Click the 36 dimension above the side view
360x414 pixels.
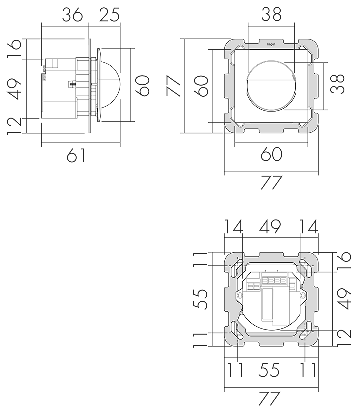(72, 15)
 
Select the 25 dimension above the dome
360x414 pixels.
(109, 15)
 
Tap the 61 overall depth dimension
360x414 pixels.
(76, 155)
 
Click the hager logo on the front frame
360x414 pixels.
(271, 44)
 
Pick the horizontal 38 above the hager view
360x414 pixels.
(271, 15)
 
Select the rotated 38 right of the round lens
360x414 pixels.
(338, 84)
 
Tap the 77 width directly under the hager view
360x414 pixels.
(272, 183)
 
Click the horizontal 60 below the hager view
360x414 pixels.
(271, 154)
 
